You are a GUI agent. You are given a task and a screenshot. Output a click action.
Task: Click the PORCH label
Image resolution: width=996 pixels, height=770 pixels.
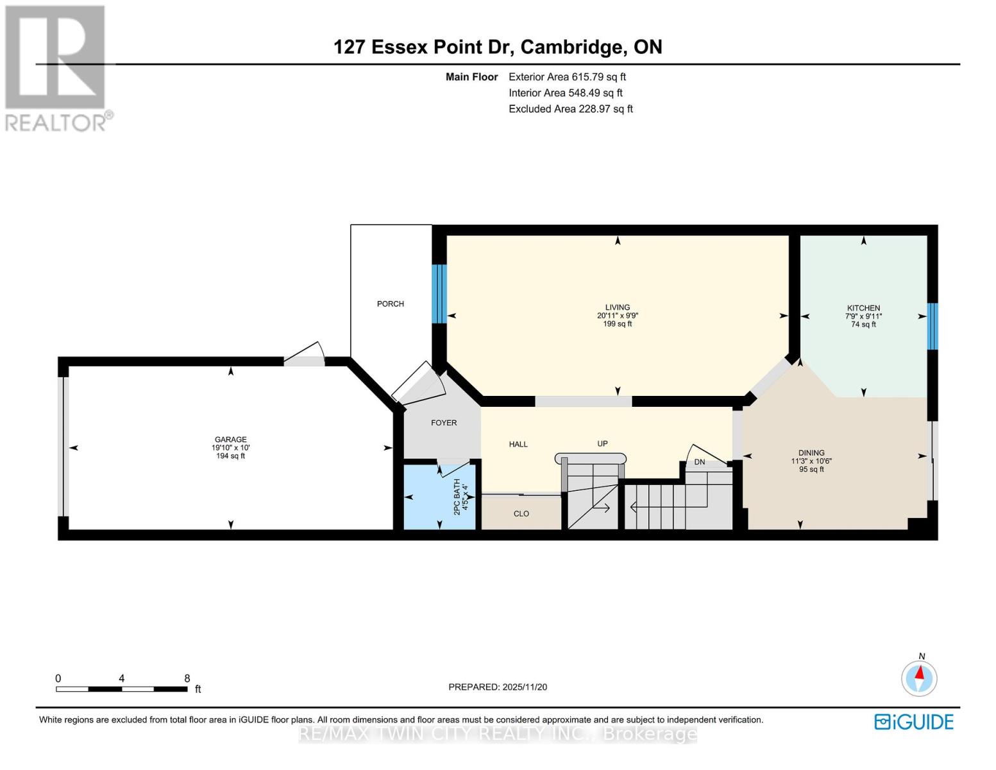390,304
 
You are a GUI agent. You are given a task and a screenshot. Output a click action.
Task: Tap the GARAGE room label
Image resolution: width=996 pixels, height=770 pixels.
230,440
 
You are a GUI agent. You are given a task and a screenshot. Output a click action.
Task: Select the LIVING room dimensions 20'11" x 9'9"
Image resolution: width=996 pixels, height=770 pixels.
617,316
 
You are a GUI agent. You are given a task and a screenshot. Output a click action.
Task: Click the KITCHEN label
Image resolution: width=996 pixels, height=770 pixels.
863,308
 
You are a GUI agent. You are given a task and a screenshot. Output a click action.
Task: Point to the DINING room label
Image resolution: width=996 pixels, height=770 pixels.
811,452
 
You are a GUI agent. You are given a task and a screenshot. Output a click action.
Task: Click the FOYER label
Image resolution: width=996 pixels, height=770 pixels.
444,423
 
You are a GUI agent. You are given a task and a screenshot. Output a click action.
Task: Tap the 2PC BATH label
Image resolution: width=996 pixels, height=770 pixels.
457,497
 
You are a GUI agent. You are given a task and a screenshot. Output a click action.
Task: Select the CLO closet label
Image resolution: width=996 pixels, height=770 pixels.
521,513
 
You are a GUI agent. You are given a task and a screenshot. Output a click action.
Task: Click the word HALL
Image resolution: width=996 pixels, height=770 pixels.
518,444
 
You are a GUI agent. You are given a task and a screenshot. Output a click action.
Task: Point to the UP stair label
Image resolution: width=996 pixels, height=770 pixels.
602,443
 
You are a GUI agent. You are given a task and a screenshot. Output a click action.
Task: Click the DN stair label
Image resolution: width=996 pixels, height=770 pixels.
699,462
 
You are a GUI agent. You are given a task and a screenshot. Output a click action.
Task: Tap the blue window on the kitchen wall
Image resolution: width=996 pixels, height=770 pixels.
932,326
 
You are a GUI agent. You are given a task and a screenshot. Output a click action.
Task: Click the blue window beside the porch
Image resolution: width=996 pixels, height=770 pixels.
439,294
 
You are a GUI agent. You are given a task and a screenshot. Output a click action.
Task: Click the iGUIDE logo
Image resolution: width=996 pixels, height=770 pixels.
914,722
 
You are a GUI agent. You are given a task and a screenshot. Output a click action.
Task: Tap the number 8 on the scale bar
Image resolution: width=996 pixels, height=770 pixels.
187,678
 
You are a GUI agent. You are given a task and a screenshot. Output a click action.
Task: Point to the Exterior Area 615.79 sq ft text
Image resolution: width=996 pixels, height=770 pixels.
567,77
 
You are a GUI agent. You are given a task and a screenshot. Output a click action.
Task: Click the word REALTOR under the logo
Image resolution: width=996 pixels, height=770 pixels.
56,122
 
